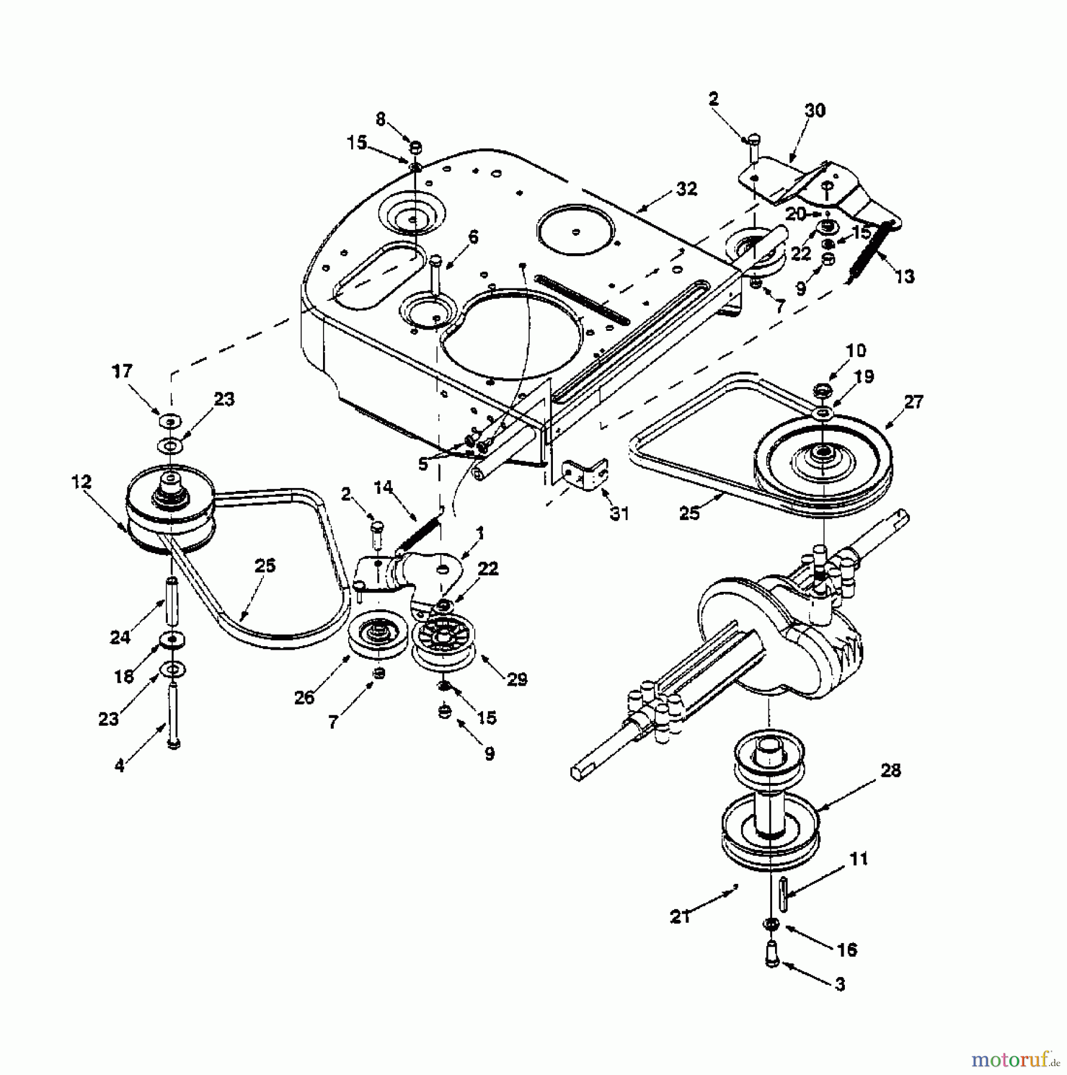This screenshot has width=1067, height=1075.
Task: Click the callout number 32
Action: click(x=687, y=189)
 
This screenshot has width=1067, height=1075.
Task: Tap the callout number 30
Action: click(x=814, y=111)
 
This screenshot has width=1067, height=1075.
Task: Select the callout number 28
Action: click(x=890, y=771)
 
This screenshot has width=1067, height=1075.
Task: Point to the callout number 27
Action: click(x=914, y=401)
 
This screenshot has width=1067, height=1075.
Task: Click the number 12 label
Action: click(x=81, y=482)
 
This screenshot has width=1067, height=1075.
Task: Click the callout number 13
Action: click(x=905, y=277)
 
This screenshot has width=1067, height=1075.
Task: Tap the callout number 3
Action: click(x=840, y=984)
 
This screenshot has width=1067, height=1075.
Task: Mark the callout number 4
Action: click(x=120, y=765)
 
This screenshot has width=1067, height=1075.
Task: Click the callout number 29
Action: click(x=517, y=679)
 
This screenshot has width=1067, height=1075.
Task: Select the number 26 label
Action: click(x=305, y=698)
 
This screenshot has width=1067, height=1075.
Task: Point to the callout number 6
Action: click(x=473, y=238)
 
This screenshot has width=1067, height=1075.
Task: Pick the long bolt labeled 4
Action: click(x=173, y=714)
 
